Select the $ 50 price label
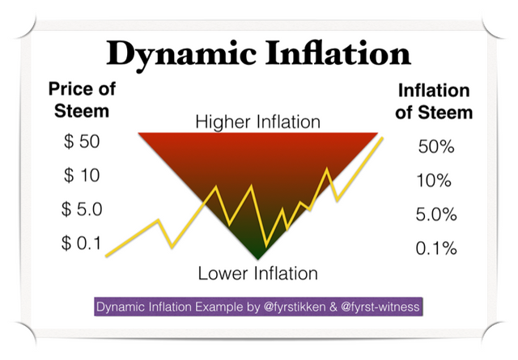[82, 142]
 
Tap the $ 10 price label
[82, 175]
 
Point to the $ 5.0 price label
[82, 209]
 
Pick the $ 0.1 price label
[81, 244]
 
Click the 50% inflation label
[436, 146]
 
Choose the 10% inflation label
[434, 180]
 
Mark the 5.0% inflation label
[436, 214]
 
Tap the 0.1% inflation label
[436, 248]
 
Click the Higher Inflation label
[258, 122]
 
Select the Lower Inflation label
[258, 273]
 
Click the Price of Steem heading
[82, 100]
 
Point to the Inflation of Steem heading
[434, 101]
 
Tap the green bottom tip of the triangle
[258, 259]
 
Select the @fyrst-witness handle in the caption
[380, 307]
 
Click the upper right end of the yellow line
[382, 138]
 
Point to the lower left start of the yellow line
[106, 256]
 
